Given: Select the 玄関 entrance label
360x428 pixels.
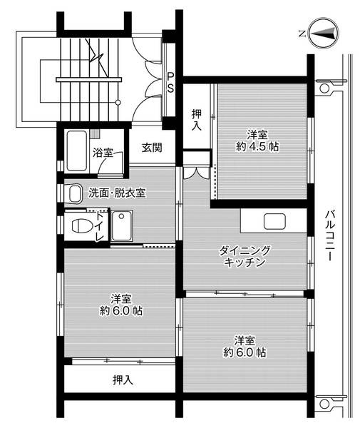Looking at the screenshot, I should [150, 148].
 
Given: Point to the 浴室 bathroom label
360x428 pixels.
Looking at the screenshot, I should [103, 151].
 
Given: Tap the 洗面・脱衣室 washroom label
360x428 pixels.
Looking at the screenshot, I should [117, 193].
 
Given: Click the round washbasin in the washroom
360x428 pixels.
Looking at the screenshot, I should [74, 192].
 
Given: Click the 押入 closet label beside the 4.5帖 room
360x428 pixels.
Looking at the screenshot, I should [198, 118].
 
